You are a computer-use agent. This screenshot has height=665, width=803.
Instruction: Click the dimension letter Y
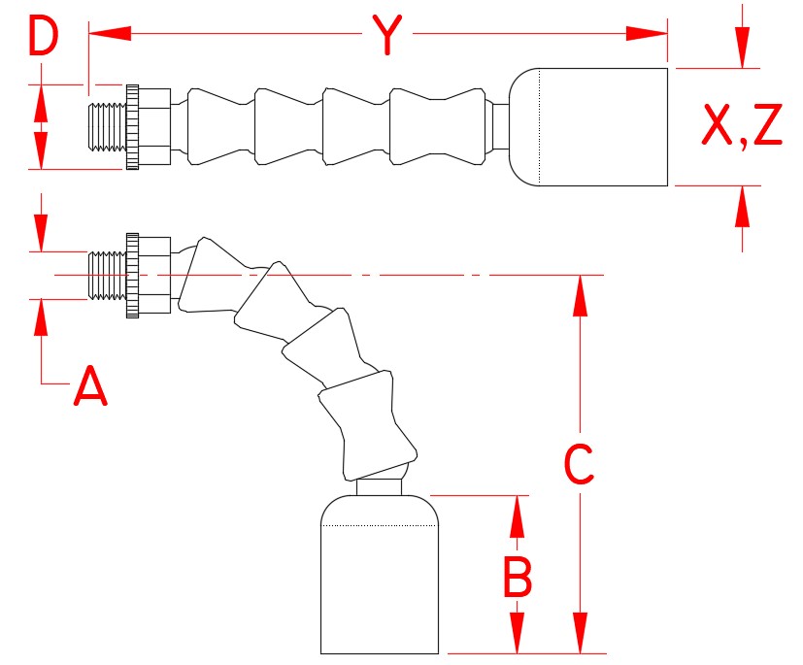(x=387, y=34)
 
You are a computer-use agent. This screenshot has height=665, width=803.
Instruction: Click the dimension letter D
(x=44, y=35)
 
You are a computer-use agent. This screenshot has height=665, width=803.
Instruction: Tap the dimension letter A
(x=90, y=385)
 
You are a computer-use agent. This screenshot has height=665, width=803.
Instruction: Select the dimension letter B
(x=518, y=577)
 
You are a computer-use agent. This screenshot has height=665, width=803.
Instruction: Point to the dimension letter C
(x=579, y=464)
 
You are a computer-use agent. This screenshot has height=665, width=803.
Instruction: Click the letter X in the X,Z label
(x=717, y=124)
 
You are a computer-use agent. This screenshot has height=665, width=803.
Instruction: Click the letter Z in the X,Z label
(x=768, y=124)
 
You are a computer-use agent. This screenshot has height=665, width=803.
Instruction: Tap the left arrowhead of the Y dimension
(x=110, y=34)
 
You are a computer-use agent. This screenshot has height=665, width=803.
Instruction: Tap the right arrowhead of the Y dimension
(x=647, y=34)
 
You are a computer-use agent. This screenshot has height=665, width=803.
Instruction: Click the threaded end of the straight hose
(x=107, y=127)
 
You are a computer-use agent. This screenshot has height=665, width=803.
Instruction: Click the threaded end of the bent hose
(x=107, y=275)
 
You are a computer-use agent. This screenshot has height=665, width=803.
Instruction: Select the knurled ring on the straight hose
(x=132, y=127)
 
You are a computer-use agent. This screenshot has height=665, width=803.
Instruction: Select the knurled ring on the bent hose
(x=132, y=276)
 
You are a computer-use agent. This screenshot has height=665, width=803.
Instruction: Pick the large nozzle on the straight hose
(x=587, y=127)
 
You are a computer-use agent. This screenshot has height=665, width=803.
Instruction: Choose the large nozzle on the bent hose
(x=380, y=575)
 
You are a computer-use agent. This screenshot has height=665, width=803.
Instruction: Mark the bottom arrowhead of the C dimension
(x=580, y=633)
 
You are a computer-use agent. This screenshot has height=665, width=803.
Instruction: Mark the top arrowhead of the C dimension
(x=580, y=296)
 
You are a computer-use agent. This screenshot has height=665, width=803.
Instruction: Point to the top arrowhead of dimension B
(x=518, y=516)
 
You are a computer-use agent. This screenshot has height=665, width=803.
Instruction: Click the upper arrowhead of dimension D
(x=41, y=104)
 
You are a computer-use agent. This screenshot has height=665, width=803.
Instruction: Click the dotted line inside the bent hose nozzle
(x=380, y=525)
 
